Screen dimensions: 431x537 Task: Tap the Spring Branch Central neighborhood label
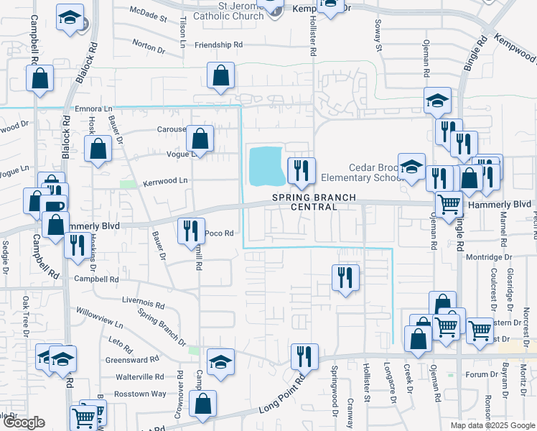tap(304, 202)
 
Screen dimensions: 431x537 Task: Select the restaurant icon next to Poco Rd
tap(190, 231)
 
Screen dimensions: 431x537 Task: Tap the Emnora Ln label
tap(94, 109)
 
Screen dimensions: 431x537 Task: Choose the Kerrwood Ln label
tap(164, 180)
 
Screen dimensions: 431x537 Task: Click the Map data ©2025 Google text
tap(492, 425)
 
